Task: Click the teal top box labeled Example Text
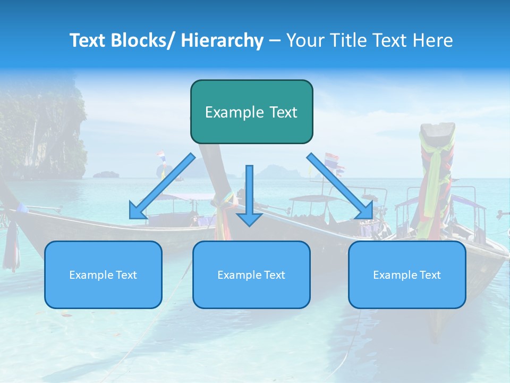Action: coord(251,112)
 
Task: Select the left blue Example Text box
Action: coord(103,274)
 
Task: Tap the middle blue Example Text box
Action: coord(251,274)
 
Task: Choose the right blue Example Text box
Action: coord(407,274)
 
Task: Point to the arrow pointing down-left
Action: coord(163,186)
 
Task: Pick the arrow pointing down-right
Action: coord(339,186)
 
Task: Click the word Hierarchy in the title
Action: coord(222,40)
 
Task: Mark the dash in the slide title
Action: coord(275,40)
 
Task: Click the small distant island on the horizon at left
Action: coord(106,174)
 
